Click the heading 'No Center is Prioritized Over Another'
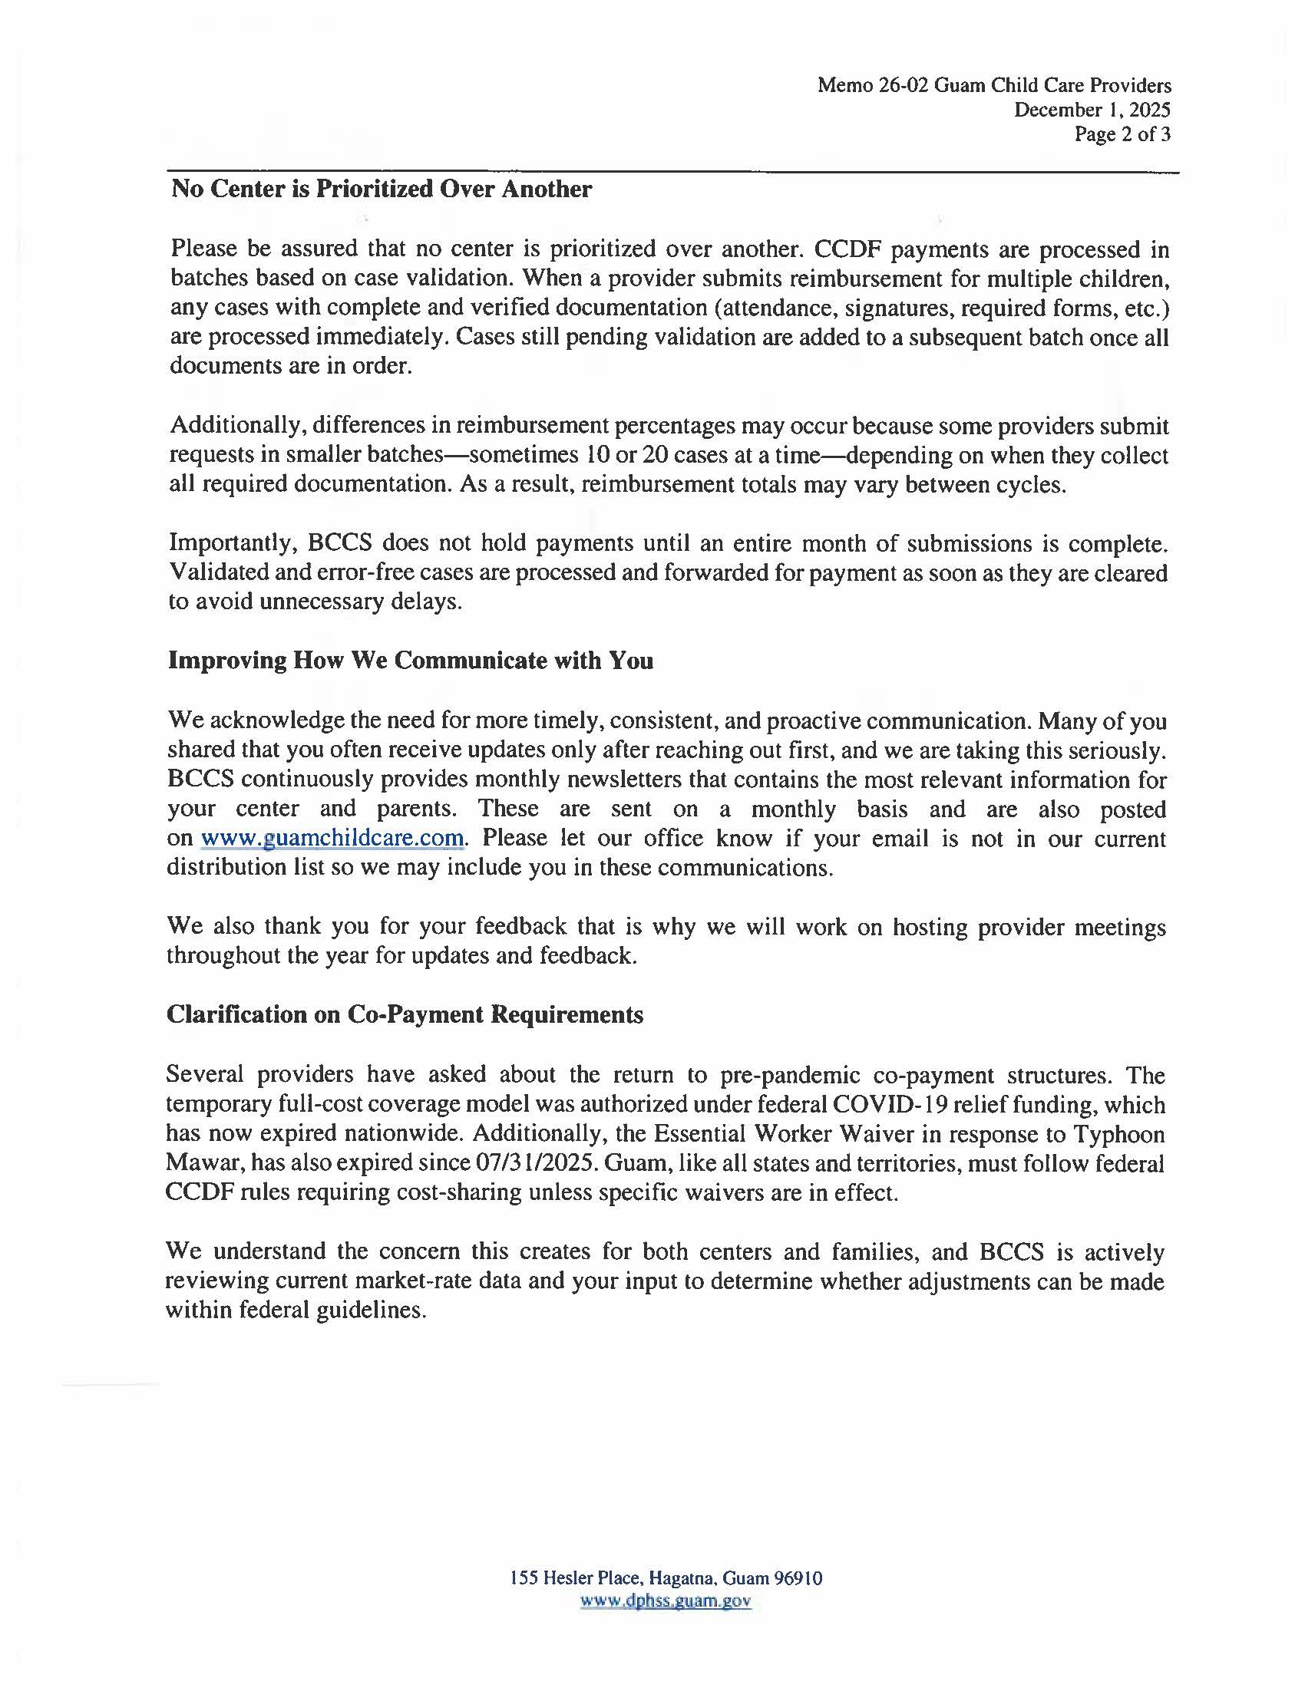[382, 189]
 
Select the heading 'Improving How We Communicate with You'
[410, 661]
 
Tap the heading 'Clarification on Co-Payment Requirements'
[405, 1014]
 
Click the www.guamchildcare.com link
[332, 838]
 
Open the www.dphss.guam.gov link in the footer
[666, 1601]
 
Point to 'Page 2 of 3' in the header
[1122, 134]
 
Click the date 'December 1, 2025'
[1092, 110]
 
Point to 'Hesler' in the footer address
[570, 1578]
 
